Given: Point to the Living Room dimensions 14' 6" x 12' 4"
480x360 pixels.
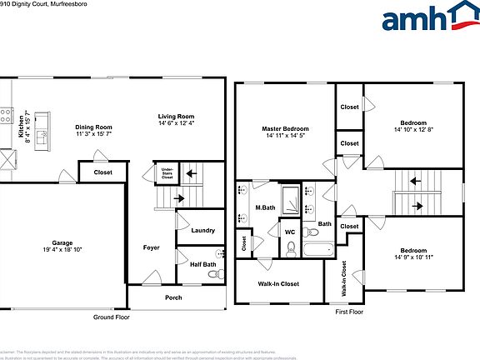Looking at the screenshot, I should click(x=177, y=123).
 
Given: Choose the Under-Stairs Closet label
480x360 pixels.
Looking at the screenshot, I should click(x=167, y=173).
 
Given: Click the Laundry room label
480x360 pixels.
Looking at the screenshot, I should click(x=202, y=231).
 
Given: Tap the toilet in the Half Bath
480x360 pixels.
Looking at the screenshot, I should click(x=218, y=255).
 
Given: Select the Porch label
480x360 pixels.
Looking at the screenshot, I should click(x=173, y=297).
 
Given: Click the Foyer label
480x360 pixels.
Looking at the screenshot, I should click(x=151, y=247).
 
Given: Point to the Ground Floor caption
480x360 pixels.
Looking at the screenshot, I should click(x=110, y=317).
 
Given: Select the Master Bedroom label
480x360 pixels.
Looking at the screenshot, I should click(x=285, y=129).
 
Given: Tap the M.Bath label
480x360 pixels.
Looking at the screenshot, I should click(x=265, y=207).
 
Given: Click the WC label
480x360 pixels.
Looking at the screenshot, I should click(x=290, y=232).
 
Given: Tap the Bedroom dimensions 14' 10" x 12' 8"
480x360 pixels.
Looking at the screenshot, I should click(x=414, y=129).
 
